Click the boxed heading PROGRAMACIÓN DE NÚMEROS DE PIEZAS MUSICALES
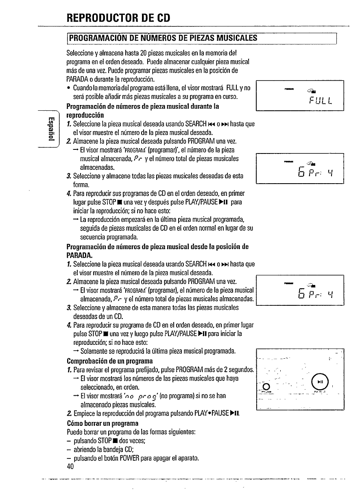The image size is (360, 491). (163, 38)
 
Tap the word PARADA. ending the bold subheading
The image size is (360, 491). (80, 256)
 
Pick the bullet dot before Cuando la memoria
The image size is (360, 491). (70, 89)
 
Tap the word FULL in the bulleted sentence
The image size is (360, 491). (233, 88)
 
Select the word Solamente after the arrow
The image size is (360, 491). (98, 351)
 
